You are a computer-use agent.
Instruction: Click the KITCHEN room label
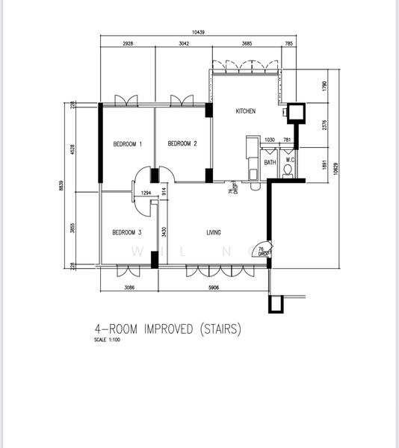246,111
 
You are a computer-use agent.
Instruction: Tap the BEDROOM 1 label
128,144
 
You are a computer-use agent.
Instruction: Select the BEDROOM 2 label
182,144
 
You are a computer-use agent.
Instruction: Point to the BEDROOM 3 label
127,232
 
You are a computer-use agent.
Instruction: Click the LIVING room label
214,232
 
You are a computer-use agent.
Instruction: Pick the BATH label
270,162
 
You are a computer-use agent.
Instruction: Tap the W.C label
289,159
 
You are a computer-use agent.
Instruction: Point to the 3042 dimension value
183,44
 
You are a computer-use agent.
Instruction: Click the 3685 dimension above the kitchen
247,44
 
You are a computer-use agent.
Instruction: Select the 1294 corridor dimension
146,194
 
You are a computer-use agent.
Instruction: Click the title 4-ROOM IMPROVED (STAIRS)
167,329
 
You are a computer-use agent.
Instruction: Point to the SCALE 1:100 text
108,340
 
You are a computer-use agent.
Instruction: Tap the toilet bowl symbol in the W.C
288,171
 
